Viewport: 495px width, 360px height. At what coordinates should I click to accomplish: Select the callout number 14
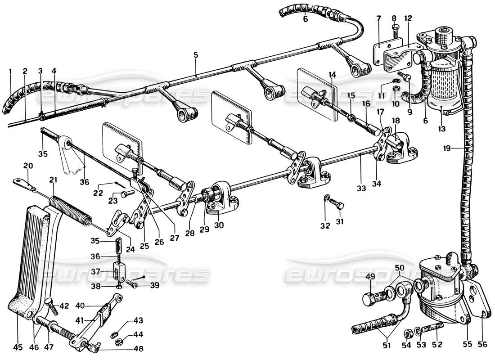click(x=332, y=75)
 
